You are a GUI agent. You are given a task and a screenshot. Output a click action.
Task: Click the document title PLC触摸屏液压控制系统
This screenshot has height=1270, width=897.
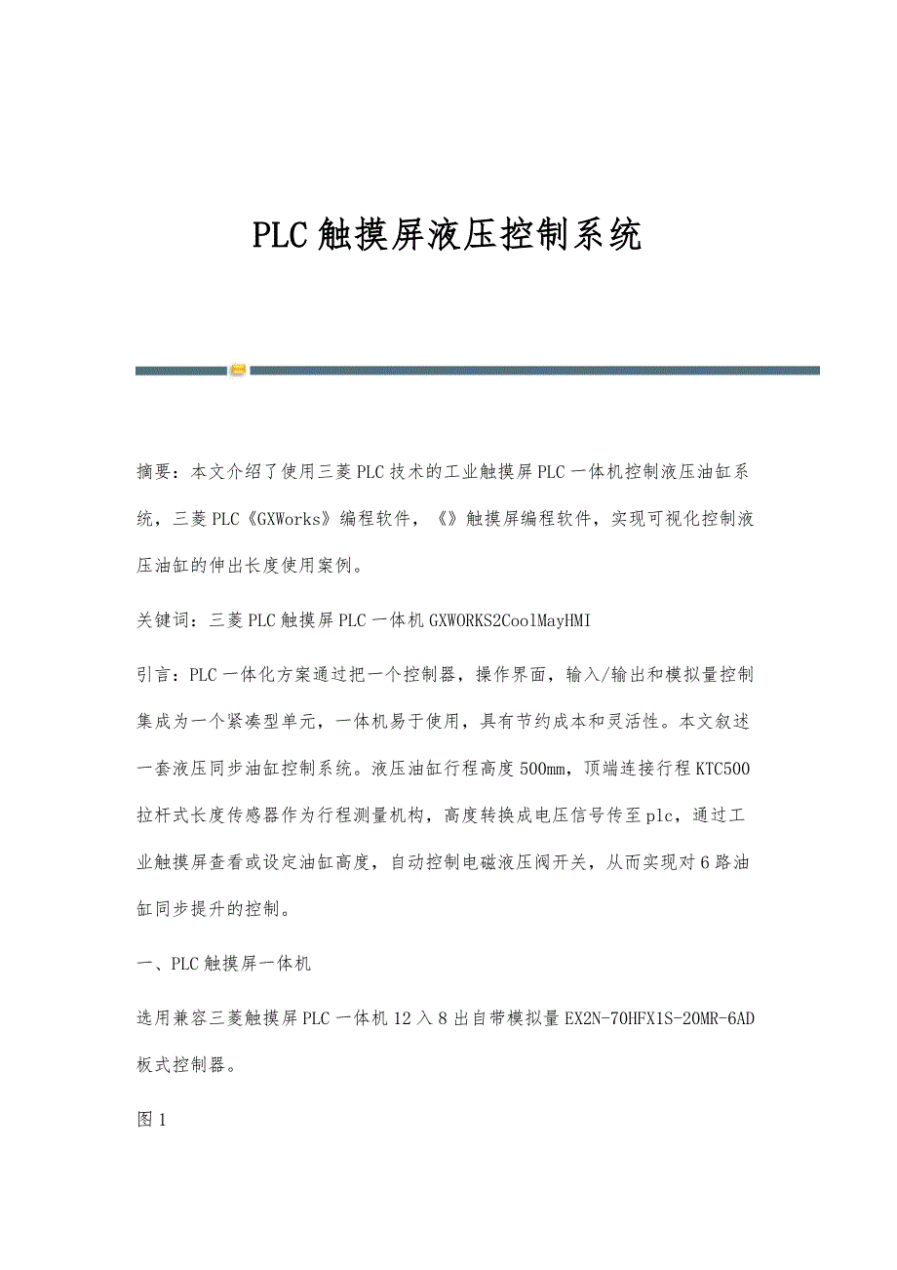(448, 235)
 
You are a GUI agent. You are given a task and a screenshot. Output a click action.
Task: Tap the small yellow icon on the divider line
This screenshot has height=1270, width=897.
(238, 371)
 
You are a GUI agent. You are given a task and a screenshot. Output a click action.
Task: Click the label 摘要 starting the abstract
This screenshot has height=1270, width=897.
(154, 473)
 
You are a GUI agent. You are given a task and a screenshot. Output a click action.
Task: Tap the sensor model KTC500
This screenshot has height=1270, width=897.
(722, 769)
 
